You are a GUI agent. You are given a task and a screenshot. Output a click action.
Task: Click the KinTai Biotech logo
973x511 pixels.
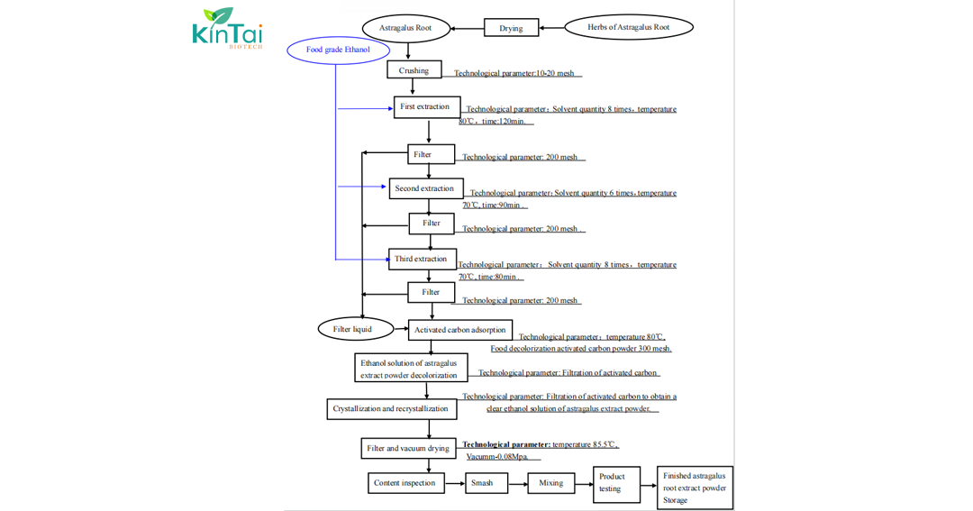click(227, 28)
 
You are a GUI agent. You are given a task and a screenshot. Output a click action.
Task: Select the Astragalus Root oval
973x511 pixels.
click(405, 28)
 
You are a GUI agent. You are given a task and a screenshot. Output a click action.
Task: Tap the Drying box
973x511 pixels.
click(511, 28)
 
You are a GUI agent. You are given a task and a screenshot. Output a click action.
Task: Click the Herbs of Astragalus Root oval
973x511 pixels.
click(628, 28)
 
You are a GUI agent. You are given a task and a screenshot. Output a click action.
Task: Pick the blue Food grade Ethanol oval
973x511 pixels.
click(338, 50)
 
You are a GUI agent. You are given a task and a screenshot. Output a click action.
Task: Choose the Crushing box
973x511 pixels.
click(414, 70)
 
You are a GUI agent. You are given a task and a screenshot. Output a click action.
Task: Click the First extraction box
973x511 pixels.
click(426, 106)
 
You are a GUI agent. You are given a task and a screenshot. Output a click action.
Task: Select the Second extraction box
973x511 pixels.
click(425, 188)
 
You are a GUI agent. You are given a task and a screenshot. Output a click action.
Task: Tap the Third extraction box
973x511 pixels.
click(422, 259)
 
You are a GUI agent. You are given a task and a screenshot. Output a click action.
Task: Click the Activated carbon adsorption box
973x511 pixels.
click(460, 330)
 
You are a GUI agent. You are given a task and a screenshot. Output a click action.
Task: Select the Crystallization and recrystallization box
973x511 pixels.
click(391, 409)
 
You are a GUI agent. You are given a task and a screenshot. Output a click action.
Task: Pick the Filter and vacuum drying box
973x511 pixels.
click(408, 448)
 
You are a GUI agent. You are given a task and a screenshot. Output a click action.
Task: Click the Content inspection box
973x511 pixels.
click(405, 483)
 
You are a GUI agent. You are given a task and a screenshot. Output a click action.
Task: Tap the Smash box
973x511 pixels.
click(483, 483)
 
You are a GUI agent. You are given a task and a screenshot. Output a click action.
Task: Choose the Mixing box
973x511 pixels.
click(550, 483)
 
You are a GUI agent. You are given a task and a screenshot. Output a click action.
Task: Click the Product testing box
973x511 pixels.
click(616, 483)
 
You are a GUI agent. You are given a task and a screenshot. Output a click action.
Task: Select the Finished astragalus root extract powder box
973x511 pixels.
click(695, 488)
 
